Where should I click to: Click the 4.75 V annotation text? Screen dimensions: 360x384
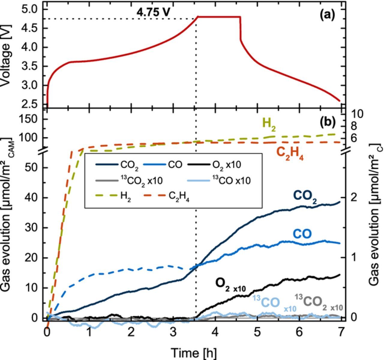point(153,12)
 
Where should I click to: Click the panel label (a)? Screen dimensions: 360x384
point(327,14)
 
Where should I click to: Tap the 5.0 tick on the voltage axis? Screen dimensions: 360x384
point(30,9)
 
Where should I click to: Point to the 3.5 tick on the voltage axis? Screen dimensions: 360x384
point(30,66)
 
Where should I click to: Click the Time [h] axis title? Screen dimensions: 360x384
point(193,353)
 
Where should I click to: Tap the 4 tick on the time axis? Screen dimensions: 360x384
point(215,332)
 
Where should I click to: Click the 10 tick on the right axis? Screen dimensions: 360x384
point(357,114)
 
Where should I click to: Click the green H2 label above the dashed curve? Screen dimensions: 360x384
point(269,123)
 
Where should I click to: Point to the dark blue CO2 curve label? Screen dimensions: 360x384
point(305,196)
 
